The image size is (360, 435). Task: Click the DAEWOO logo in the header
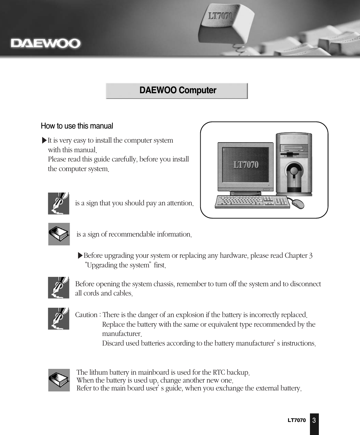46,44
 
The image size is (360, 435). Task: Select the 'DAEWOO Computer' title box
177,91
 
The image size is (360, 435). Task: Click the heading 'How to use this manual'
77,126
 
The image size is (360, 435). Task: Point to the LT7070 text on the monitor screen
246,165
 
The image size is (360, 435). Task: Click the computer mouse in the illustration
297,204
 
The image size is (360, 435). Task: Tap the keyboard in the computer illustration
252,202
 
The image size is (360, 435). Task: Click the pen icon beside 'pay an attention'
59,204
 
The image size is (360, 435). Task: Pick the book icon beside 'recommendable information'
59,234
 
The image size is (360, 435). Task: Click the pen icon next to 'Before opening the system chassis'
59,288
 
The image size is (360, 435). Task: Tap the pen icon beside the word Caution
59,318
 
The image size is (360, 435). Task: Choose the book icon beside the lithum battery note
59,380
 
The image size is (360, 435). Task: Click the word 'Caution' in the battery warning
86,315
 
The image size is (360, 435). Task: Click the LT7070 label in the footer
297,420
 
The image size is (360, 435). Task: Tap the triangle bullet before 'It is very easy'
44,141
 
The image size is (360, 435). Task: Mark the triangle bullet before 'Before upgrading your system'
80,256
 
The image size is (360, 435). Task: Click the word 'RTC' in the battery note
219,373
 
